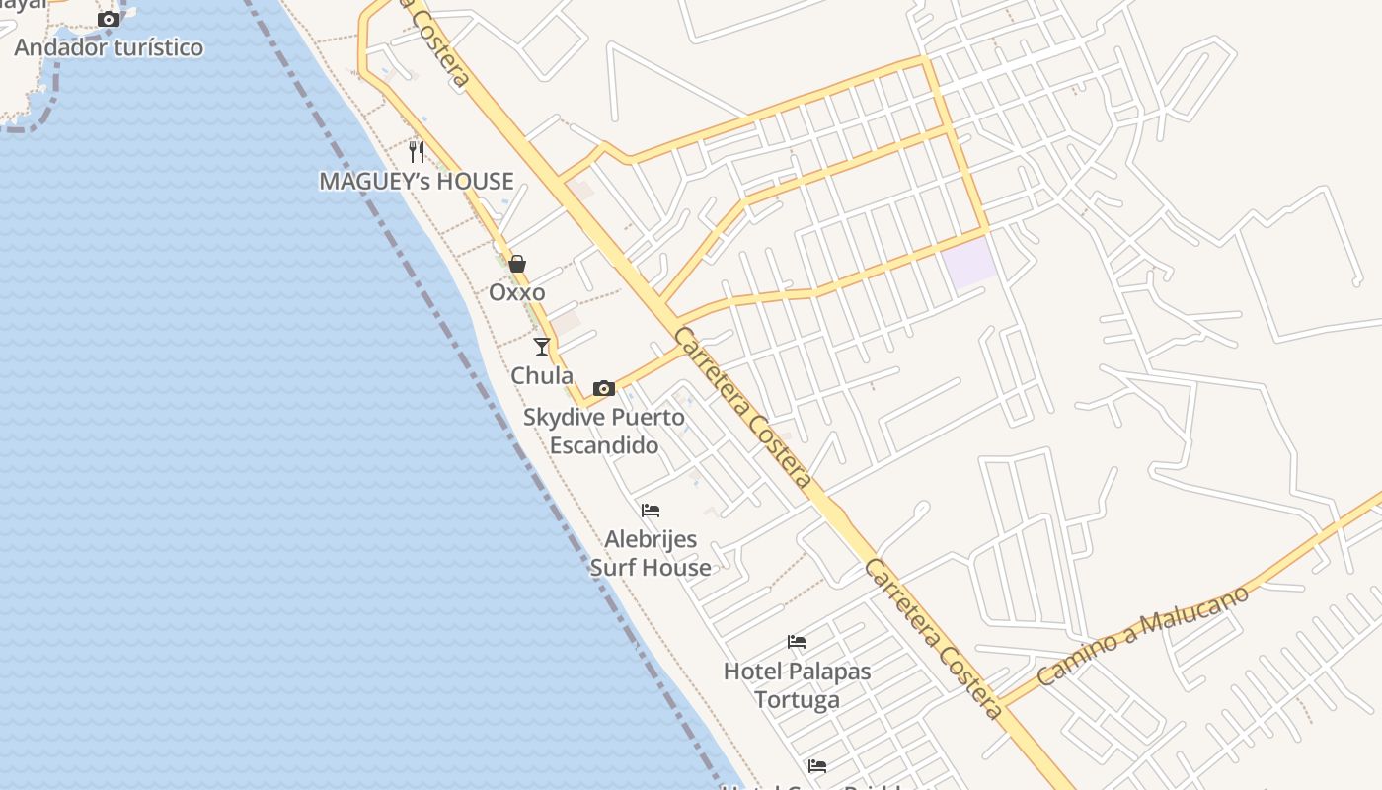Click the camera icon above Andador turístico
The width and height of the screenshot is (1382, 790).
pyautogui.click(x=109, y=19)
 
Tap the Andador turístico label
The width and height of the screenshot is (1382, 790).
pyautogui.click(x=109, y=47)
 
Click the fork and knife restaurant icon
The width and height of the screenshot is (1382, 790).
pyautogui.click(x=417, y=152)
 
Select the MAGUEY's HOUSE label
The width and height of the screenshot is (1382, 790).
pyautogui.click(x=417, y=181)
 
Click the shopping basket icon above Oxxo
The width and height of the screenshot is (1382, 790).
pyautogui.click(x=516, y=264)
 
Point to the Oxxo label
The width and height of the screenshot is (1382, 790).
pyautogui.click(x=516, y=292)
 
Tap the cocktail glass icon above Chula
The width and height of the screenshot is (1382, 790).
pyautogui.click(x=542, y=346)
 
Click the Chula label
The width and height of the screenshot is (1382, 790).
pyautogui.click(x=542, y=375)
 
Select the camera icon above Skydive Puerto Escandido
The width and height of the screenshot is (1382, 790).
pyautogui.click(x=604, y=388)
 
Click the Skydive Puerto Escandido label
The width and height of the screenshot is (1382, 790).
pyautogui.click(x=604, y=431)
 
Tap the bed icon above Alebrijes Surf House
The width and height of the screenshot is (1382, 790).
pyautogui.click(x=651, y=511)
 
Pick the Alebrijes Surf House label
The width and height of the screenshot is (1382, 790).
pyautogui.click(x=651, y=553)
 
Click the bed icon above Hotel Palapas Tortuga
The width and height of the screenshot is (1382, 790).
pyautogui.click(x=797, y=642)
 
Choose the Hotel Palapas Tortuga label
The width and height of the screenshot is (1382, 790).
pyautogui.click(x=797, y=685)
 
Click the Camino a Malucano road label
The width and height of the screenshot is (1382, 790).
pyautogui.click(x=1141, y=635)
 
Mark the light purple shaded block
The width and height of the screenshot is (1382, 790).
pyautogui.click(x=968, y=262)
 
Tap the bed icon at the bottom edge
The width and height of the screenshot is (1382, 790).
pyautogui.click(x=817, y=766)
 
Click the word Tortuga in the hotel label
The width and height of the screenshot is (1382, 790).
pyautogui.click(x=797, y=700)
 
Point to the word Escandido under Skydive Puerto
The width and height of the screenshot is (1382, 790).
pyautogui.click(x=604, y=445)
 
